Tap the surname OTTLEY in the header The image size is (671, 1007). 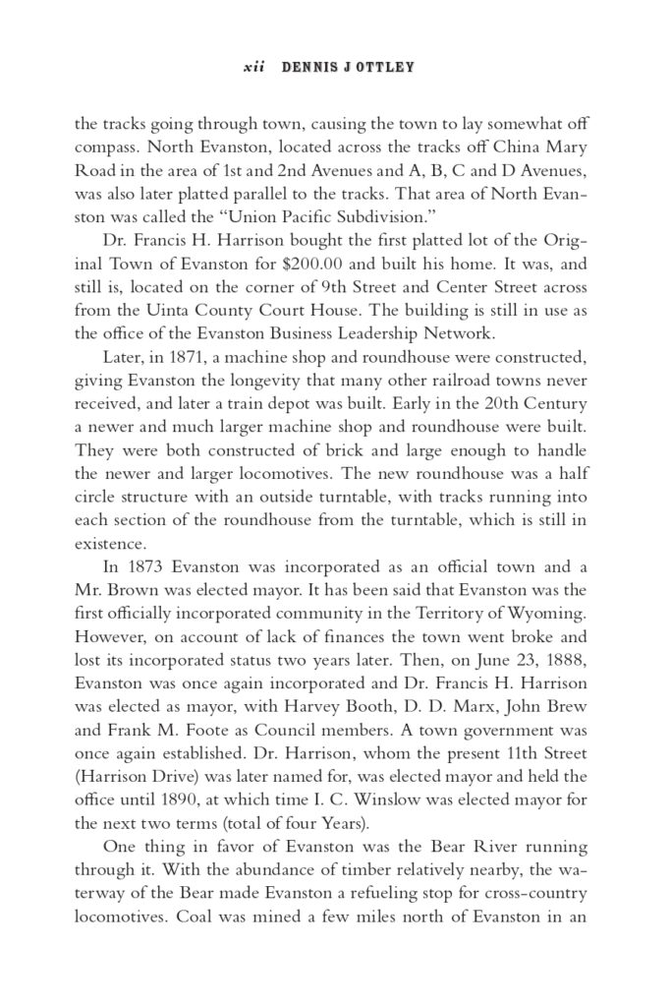point(386,68)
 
